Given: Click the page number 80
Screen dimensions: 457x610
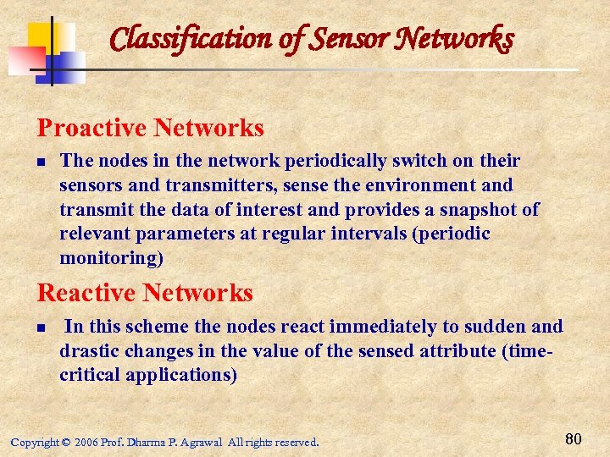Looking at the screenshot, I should coord(573,438).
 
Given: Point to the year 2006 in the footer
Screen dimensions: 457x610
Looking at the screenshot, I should coord(86,442).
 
